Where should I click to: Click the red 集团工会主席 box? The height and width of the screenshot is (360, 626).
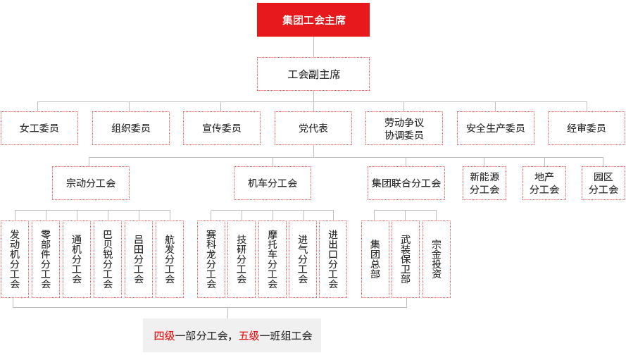pos(313,20)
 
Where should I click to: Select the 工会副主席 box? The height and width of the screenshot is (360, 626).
pos(313,74)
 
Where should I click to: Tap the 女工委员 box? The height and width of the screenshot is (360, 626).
pos(39,128)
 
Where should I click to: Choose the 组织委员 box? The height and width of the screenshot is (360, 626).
pos(131,128)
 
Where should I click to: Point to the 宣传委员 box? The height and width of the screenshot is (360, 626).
pos(222,128)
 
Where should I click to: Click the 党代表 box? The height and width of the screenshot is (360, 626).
pos(313,128)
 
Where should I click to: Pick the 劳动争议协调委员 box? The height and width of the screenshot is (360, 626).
pos(404,128)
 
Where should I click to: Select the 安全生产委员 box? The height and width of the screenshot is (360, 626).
pos(496,128)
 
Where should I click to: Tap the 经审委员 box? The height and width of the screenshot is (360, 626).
pos(587,128)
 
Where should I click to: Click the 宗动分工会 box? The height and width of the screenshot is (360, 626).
pos(91,183)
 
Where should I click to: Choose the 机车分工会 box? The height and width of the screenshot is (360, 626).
pos(273,183)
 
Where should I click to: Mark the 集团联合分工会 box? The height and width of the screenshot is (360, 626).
pos(406,183)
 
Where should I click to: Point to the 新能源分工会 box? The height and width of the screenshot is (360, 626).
pos(484,183)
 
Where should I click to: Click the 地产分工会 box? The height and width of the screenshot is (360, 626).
pos(544,183)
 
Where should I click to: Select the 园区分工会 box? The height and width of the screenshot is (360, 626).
pos(603,183)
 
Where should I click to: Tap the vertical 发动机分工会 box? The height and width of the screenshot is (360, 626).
pos(15,259)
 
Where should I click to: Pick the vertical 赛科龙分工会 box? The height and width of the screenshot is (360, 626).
pos(211,259)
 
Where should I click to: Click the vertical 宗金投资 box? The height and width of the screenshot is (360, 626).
pos(437,259)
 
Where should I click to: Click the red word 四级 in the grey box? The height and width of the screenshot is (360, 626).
pos(165,335)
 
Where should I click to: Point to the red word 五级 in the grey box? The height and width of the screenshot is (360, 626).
pos(249,335)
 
